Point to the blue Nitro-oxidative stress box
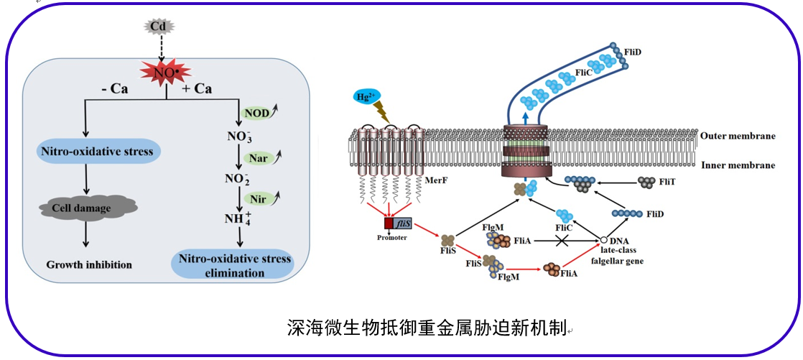point(97,152)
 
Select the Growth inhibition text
point(89,264)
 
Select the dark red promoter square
point(389,223)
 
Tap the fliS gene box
point(403,223)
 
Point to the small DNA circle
point(604,240)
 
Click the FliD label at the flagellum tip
point(633,52)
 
